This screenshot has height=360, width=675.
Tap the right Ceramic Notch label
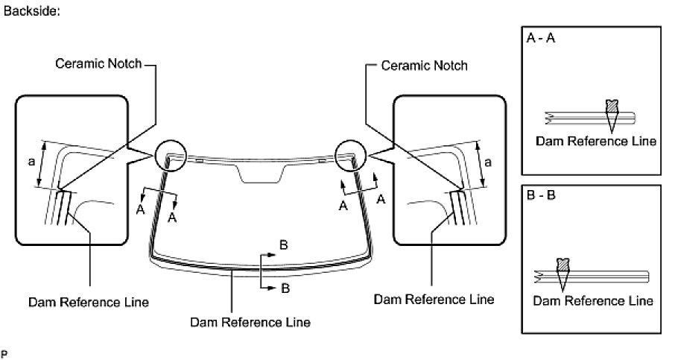424,66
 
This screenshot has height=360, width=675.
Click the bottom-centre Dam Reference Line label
250,323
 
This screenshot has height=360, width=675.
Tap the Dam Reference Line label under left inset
88,302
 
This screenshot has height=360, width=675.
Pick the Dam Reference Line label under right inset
434,300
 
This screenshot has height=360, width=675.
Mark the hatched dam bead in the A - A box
612,107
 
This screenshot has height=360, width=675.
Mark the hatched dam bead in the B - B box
562,265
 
